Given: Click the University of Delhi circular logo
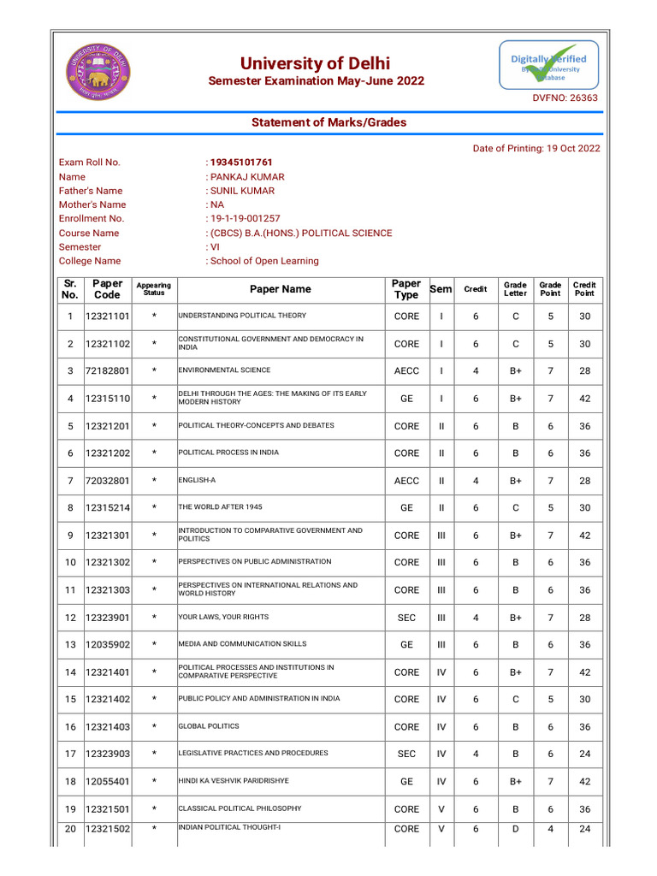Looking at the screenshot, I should (101, 71).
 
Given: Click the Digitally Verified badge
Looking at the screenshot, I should (548, 65).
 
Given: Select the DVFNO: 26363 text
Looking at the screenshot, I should (565, 98).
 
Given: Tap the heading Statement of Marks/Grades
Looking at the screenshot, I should (328, 122).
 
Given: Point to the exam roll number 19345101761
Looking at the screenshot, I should (241, 163).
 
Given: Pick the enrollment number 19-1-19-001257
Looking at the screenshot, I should (245, 219).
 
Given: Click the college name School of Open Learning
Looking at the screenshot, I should (264, 261).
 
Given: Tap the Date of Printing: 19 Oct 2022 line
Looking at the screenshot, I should (536, 148).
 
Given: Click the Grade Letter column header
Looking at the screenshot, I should (515, 289).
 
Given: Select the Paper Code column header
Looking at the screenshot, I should (108, 289).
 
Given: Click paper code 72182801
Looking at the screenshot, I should (108, 371).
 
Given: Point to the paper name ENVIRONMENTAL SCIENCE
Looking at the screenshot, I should (224, 370).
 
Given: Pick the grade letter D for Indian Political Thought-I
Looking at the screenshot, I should (515, 829).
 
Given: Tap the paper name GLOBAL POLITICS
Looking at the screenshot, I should (209, 726).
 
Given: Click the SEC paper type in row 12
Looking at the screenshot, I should (406, 618).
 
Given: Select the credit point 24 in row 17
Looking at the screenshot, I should (584, 755).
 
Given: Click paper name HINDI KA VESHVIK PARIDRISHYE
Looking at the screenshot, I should (234, 781).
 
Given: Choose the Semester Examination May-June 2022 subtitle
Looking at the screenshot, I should (317, 81).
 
